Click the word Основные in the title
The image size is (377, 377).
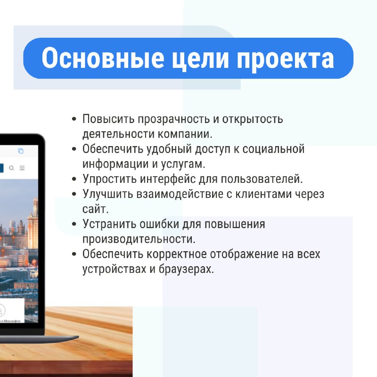point(103,57)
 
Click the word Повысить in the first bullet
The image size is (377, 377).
point(108,119)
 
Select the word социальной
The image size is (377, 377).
point(273,149)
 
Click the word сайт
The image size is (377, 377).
point(96,209)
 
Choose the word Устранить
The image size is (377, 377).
point(109,224)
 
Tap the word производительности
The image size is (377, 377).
point(139,239)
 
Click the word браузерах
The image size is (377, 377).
point(186,269)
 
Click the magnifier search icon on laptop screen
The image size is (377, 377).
point(11,168)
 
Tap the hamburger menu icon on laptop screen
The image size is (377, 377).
point(22,168)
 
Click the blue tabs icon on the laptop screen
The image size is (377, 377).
point(21,151)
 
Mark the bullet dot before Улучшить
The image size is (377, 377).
point(74,194)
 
